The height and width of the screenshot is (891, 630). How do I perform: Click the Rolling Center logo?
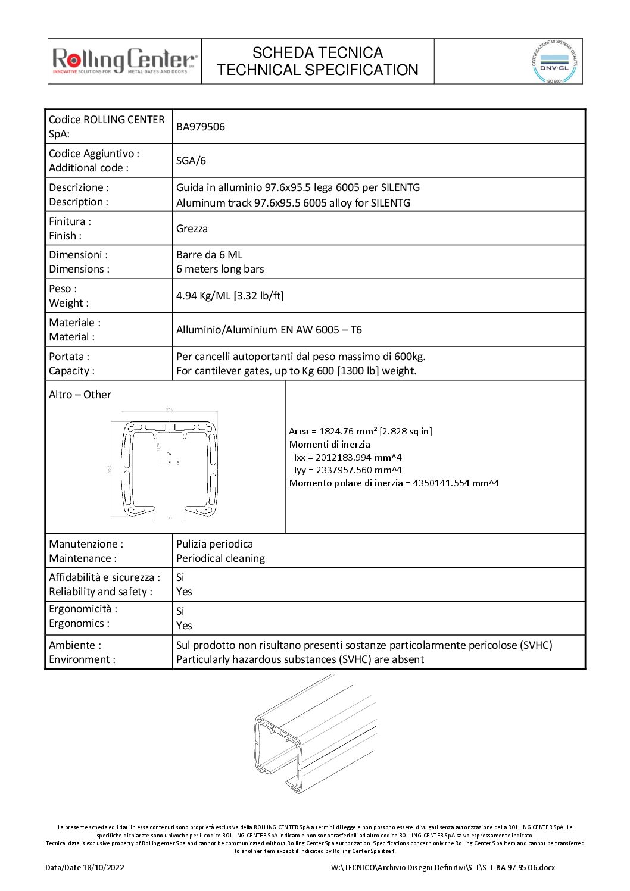coord(124,61)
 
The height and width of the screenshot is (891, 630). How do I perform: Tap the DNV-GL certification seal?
coord(554,61)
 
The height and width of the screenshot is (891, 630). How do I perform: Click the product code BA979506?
coord(201,127)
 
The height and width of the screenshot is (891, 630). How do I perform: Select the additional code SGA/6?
coord(191,161)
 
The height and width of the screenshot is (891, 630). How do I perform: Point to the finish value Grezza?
coord(192,229)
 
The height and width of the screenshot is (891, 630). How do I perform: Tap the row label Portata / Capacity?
coord(71,364)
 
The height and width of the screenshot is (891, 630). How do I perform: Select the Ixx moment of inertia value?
coord(348,457)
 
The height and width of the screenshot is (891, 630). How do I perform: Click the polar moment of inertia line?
coord(394,483)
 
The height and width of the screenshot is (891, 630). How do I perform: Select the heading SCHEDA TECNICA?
coord(317,53)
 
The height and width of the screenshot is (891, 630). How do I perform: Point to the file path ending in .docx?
coord(442,867)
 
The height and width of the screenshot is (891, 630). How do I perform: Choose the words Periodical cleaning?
coord(220,558)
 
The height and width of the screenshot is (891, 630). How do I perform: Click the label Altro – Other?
coord(80,395)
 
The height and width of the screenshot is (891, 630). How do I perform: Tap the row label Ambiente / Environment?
coord(82,652)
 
